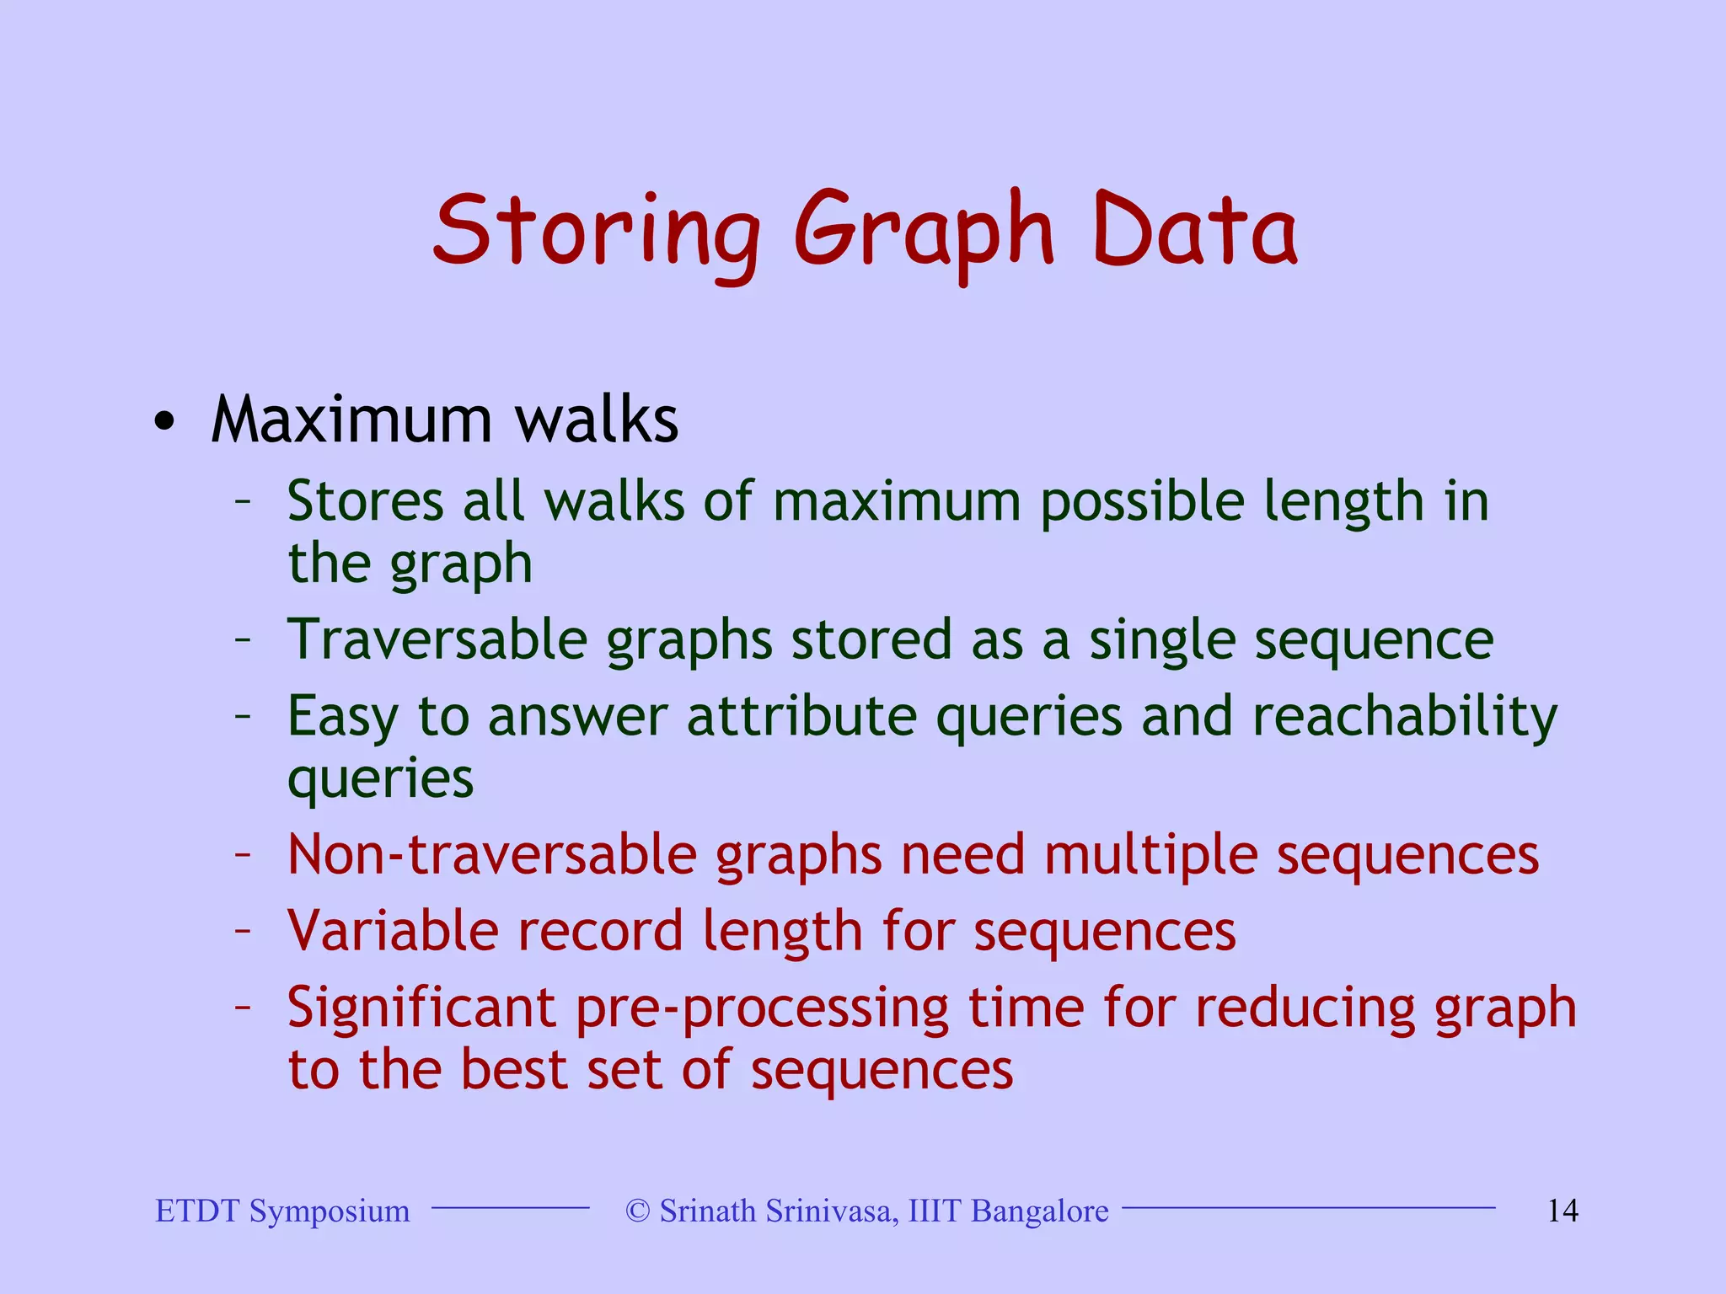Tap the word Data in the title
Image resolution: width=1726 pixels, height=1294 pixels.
click(x=1194, y=229)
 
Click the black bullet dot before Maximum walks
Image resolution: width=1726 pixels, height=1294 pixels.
click(x=165, y=421)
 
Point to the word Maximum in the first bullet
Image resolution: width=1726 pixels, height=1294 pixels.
click(x=351, y=420)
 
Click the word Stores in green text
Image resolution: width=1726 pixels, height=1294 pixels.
click(x=365, y=502)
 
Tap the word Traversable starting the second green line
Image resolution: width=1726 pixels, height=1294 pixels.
click(x=437, y=640)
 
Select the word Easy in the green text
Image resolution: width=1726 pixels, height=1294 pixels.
click(x=342, y=718)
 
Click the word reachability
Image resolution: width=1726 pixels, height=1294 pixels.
click(x=1405, y=718)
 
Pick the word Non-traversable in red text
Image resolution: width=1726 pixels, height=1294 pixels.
click(x=492, y=855)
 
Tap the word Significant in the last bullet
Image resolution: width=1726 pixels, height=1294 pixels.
click(x=421, y=1008)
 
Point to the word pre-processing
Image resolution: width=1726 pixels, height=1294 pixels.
click(x=762, y=1008)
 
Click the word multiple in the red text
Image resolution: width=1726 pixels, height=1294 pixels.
click(x=1150, y=855)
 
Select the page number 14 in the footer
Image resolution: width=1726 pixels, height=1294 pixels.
click(x=1563, y=1211)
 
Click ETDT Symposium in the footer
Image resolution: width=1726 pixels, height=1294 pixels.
click(x=282, y=1211)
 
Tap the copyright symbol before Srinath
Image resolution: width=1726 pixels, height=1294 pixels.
click(x=638, y=1211)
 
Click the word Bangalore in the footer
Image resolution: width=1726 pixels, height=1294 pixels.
click(x=1039, y=1211)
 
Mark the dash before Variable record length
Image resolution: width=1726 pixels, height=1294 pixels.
click(x=243, y=932)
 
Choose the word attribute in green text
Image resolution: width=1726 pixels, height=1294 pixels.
click(x=801, y=718)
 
